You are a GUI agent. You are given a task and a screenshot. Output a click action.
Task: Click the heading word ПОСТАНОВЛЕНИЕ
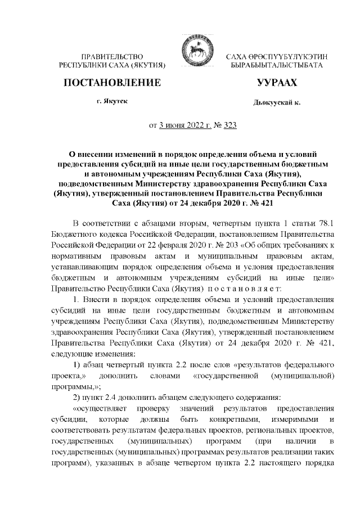(112, 83)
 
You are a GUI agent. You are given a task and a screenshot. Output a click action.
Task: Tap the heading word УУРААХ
(276, 83)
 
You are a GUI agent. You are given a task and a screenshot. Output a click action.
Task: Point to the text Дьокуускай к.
(277, 104)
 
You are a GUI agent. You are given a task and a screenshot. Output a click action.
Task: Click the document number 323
(229, 125)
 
